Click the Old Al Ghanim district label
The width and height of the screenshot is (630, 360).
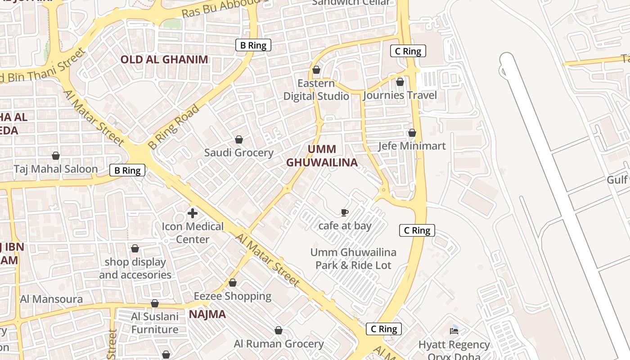click(164, 59)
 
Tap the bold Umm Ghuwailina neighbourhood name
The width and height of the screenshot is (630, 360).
click(322, 156)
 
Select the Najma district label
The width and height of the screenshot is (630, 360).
click(207, 314)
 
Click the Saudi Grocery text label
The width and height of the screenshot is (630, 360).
click(238, 153)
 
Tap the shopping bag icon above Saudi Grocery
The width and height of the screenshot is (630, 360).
click(239, 139)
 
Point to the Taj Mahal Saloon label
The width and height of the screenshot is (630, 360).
click(56, 169)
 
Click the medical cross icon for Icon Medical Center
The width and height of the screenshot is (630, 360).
click(193, 213)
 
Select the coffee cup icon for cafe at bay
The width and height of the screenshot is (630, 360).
click(345, 212)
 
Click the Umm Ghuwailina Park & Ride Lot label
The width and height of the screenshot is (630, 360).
click(353, 259)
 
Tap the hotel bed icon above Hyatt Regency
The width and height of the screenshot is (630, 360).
click(454, 331)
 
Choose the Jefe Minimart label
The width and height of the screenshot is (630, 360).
click(412, 146)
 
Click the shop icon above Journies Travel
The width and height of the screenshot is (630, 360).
click(400, 82)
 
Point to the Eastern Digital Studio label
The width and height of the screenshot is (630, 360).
click(316, 90)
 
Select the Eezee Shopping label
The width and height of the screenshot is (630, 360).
click(232, 296)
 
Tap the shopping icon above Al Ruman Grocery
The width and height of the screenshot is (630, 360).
click(279, 331)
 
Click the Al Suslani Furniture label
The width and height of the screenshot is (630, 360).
click(155, 323)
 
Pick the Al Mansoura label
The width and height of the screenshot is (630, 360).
click(51, 299)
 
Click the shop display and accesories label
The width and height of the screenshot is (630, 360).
click(135, 268)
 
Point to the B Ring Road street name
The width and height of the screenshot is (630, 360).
click(174, 126)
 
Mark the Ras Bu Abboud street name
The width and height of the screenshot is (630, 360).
click(222, 9)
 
